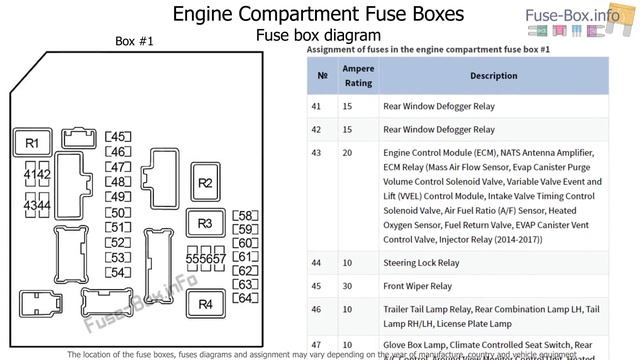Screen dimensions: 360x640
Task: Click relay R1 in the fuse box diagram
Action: point(32,144)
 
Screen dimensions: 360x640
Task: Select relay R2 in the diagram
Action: point(205,182)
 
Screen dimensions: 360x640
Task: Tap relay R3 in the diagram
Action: point(205,224)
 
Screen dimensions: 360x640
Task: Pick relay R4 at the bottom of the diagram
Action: point(205,304)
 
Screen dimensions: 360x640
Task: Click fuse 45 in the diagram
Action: point(118,137)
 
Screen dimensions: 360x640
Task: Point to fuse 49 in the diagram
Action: point(118,197)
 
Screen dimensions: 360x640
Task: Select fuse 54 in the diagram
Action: point(118,272)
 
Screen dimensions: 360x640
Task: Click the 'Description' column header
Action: point(466,75)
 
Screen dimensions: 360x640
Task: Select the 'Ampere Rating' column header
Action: point(359,75)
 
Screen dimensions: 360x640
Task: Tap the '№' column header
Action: point(322,75)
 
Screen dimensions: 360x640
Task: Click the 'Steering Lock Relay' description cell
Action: point(421,263)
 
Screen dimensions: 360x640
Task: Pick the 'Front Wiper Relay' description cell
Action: point(417,287)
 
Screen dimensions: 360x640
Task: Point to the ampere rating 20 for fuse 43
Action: point(347,153)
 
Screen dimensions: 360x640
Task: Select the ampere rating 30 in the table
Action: point(347,287)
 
